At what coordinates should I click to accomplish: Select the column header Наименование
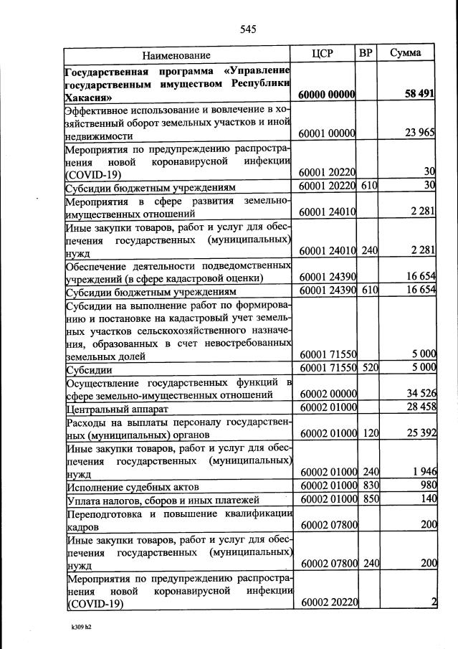point(176,55)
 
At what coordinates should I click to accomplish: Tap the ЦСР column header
point(323,54)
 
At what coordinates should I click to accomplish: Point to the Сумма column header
point(405,54)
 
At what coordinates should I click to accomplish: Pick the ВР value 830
point(368,485)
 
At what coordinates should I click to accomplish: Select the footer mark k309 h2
point(77,627)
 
